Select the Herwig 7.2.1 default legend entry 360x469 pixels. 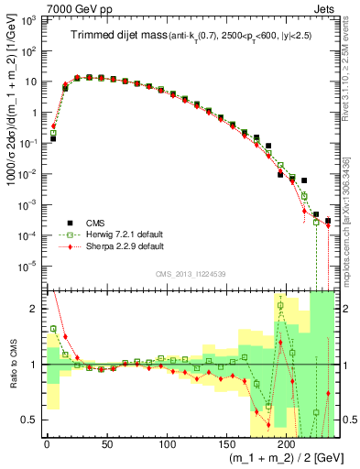pos(115,234)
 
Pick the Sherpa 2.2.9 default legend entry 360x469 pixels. pos(115,246)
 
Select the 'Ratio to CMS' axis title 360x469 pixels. pos(12,365)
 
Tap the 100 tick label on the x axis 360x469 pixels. pos(167,443)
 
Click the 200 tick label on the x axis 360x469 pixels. pos(288,443)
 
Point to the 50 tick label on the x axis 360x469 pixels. pos(106,443)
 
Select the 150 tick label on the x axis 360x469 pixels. pos(227,443)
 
